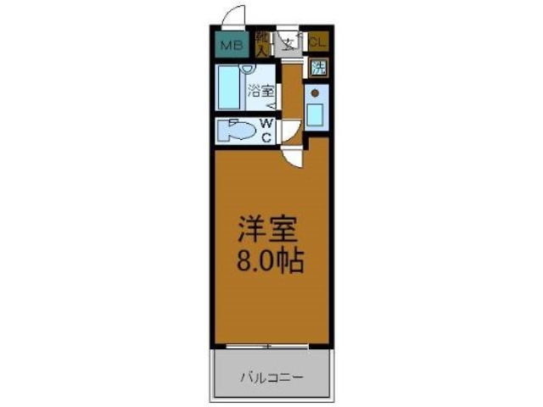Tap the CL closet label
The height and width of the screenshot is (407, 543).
coord(317,41)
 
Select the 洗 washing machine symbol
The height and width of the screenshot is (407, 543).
coord(319,69)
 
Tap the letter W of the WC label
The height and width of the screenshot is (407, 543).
coord(266,124)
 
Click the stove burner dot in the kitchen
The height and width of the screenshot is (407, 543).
coord(315,92)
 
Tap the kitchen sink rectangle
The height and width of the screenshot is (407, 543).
coord(316,114)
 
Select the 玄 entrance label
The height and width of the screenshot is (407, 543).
coord(289,43)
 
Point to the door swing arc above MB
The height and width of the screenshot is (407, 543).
coord(233,17)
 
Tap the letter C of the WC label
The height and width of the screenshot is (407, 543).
coord(266,137)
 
